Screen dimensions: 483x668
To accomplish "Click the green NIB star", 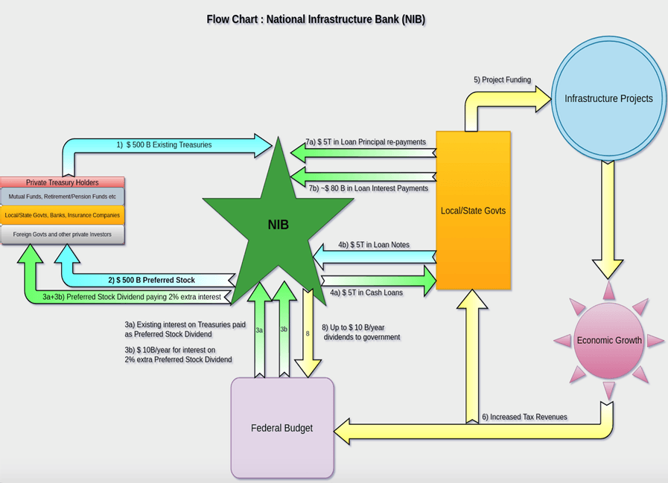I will [278, 223].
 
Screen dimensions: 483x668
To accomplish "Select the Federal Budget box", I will [282, 428].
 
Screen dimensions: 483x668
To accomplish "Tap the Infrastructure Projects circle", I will [608, 98].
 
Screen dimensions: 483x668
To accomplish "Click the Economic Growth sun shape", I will [608, 341].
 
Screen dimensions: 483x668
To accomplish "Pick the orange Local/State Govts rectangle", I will [473, 211].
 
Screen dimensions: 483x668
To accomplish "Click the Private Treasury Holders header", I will [62, 182].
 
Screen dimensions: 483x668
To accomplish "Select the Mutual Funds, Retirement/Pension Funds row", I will [62, 196].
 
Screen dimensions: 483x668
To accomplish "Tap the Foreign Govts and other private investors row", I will [62, 234].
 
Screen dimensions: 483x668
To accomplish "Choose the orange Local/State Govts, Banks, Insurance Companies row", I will [62, 215].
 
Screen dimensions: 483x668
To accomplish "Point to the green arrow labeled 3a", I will [259, 330].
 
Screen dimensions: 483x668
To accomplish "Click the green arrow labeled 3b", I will [284, 330].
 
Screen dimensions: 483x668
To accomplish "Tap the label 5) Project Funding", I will [502, 80].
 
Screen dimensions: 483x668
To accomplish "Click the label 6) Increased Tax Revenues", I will [524, 417].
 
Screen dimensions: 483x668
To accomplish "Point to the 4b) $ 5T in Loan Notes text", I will [373, 245].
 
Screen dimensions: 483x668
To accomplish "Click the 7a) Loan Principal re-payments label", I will [366, 141].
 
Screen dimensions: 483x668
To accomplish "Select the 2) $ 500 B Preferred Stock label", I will [151, 281].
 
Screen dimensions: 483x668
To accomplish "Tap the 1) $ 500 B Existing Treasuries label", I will [164, 145].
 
